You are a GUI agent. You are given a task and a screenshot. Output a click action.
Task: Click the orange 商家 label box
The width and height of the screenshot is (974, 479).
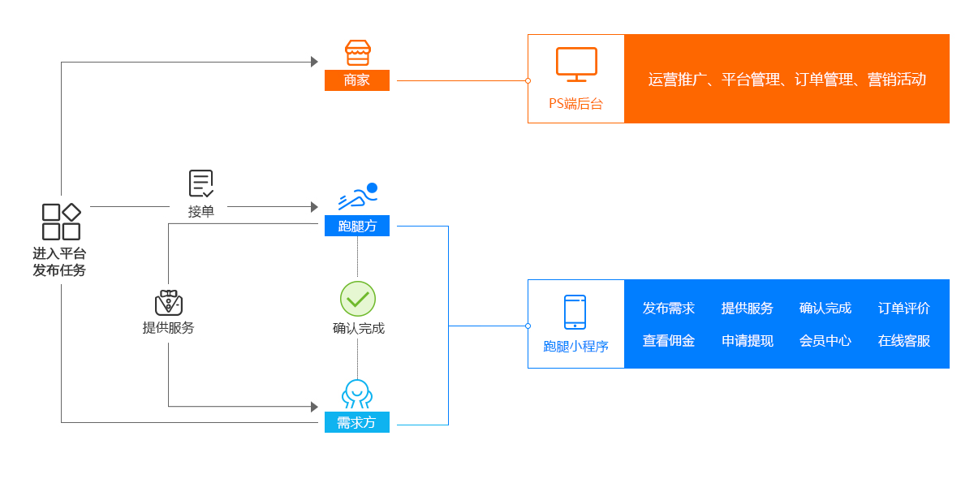click(357, 80)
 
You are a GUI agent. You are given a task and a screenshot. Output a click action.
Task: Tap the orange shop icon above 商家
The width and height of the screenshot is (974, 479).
click(357, 53)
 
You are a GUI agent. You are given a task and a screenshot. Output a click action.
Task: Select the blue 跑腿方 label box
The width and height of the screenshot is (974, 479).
click(357, 226)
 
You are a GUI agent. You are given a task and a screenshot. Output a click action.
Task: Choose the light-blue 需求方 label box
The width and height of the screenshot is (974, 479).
click(357, 422)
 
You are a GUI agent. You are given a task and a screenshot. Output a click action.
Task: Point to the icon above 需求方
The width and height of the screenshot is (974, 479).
click(357, 394)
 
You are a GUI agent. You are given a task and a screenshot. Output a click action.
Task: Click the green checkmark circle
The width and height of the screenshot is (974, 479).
click(358, 299)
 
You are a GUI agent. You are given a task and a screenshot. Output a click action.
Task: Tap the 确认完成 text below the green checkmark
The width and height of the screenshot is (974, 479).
click(358, 329)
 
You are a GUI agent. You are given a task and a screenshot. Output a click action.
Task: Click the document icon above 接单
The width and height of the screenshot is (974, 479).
click(200, 183)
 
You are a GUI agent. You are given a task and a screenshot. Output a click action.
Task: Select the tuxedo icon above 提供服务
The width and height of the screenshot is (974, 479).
click(169, 303)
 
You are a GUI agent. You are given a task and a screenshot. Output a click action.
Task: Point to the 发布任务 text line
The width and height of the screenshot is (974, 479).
click(59, 270)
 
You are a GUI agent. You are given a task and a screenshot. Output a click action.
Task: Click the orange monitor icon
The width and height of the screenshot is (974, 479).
click(576, 64)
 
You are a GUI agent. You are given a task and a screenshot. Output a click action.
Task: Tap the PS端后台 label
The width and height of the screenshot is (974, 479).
click(576, 104)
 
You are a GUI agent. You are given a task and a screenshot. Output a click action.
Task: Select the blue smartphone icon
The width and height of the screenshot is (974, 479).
click(575, 312)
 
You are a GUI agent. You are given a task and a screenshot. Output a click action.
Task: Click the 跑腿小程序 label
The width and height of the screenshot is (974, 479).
click(575, 347)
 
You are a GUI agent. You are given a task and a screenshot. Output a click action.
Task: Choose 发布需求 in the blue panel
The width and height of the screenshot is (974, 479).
click(669, 309)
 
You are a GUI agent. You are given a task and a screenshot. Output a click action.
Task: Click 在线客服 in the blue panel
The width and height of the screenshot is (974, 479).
click(904, 341)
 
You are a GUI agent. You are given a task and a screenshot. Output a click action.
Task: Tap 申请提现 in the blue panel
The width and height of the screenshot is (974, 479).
click(748, 341)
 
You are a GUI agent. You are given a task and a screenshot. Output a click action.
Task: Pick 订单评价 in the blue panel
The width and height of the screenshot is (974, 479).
click(904, 309)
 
